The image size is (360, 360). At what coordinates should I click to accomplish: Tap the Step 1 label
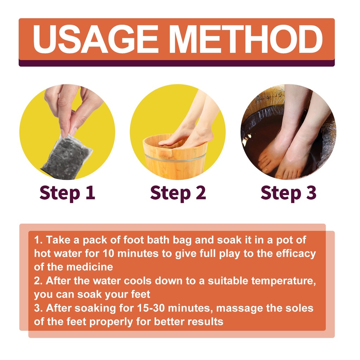pos(67,193)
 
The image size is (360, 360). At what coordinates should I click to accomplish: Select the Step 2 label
pos(178,193)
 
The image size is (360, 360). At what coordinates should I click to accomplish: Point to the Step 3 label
pos(289,193)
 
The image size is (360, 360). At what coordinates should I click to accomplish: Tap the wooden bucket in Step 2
pos(175,156)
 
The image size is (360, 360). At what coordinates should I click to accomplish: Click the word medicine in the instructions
pos(90,267)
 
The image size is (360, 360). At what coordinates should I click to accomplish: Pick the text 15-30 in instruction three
pos(151,308)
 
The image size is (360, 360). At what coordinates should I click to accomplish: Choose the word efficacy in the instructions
pos(296,254)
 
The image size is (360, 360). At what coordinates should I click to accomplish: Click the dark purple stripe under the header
pos(176,63)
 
